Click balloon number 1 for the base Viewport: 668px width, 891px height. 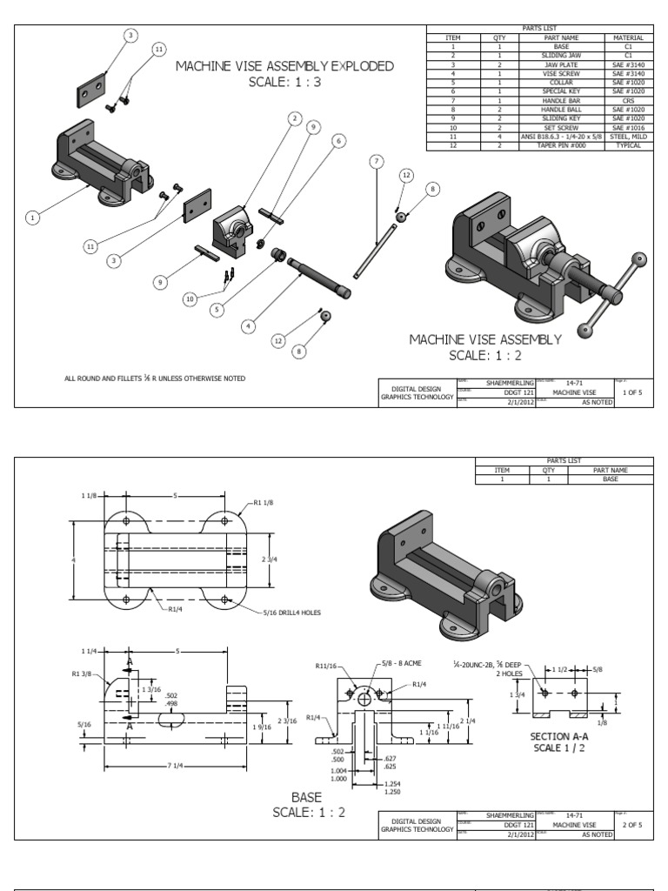pyautogui.click(x=33, y=218)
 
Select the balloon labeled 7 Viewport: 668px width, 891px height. pyautogui.click(x=376, y=162)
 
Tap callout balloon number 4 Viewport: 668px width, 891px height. pyautogui.click(x=248, y=326)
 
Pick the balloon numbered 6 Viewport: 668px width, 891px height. pyautogui.click(x=337, y=140)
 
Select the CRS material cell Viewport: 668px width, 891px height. pyautogui.click(x=625, y=99)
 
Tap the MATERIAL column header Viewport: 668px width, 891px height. pyautogui.click(x=625, y=37)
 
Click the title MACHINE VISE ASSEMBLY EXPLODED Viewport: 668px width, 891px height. pyautogui.click(x=284, y=66)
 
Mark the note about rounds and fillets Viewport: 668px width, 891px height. pyautogui.click(x=155, y=379)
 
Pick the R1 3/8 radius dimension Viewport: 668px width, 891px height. pyautogui.click(x=84, y=673)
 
